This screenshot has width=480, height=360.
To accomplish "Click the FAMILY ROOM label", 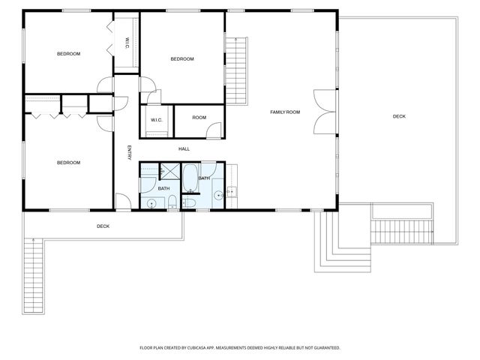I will tap(285, 112).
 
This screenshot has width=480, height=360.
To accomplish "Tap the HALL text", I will tap(184, 149).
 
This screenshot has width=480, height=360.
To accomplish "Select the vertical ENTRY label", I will tap(129, 152).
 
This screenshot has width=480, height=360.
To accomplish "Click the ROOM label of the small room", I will tap(199, 118).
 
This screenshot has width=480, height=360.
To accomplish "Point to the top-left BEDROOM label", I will tap(69, 54).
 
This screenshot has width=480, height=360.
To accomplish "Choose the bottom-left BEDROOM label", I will tap(69, 163).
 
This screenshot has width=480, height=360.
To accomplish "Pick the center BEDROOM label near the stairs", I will tap(181, 59).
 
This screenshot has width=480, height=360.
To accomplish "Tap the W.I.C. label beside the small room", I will tap(157, 120).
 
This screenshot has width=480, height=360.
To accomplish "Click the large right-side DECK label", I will tap(399, 116).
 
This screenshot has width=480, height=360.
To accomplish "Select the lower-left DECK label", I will tap(103, 226).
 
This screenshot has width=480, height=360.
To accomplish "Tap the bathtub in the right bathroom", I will tap(190, 178).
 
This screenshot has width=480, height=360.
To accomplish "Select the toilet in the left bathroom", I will tap(172, 200).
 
